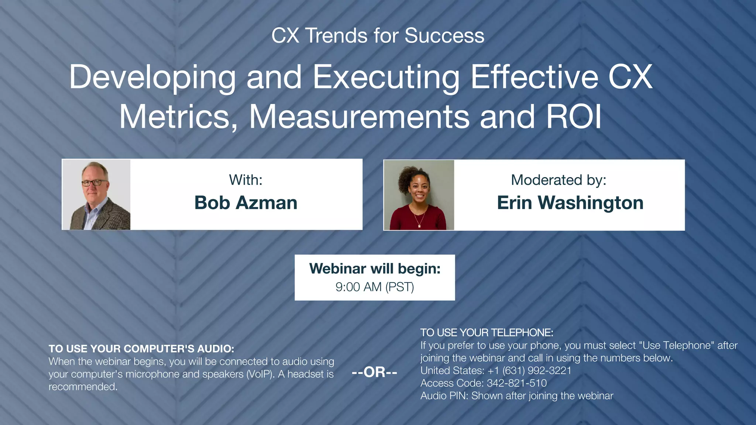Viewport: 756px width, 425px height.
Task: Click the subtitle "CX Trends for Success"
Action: pos(378,36)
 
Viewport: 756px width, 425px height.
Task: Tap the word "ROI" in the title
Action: pos(574,117)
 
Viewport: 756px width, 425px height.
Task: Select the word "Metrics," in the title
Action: pos(178,117)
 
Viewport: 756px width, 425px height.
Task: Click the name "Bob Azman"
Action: pos(246,203)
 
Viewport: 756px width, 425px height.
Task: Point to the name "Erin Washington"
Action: pos(570,203)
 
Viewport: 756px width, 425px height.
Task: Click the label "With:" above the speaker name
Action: pos(245,180)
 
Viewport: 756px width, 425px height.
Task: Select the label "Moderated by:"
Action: pos(559,180)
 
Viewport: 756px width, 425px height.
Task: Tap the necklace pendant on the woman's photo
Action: pos(419,226)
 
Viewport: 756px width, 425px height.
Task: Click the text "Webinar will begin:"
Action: pos(375,269)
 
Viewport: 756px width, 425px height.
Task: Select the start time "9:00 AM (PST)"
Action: pos(375,287)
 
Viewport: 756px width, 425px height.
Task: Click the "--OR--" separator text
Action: pos(374,372)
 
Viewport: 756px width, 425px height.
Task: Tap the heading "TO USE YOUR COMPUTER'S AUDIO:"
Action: pos(141,349)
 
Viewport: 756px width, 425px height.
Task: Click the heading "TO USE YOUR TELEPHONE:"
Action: pos(487,332)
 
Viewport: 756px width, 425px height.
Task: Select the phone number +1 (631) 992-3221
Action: pos(529,370)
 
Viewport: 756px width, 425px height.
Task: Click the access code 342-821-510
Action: pos(516,383)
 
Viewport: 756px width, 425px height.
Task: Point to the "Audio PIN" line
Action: pos(516,395)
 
